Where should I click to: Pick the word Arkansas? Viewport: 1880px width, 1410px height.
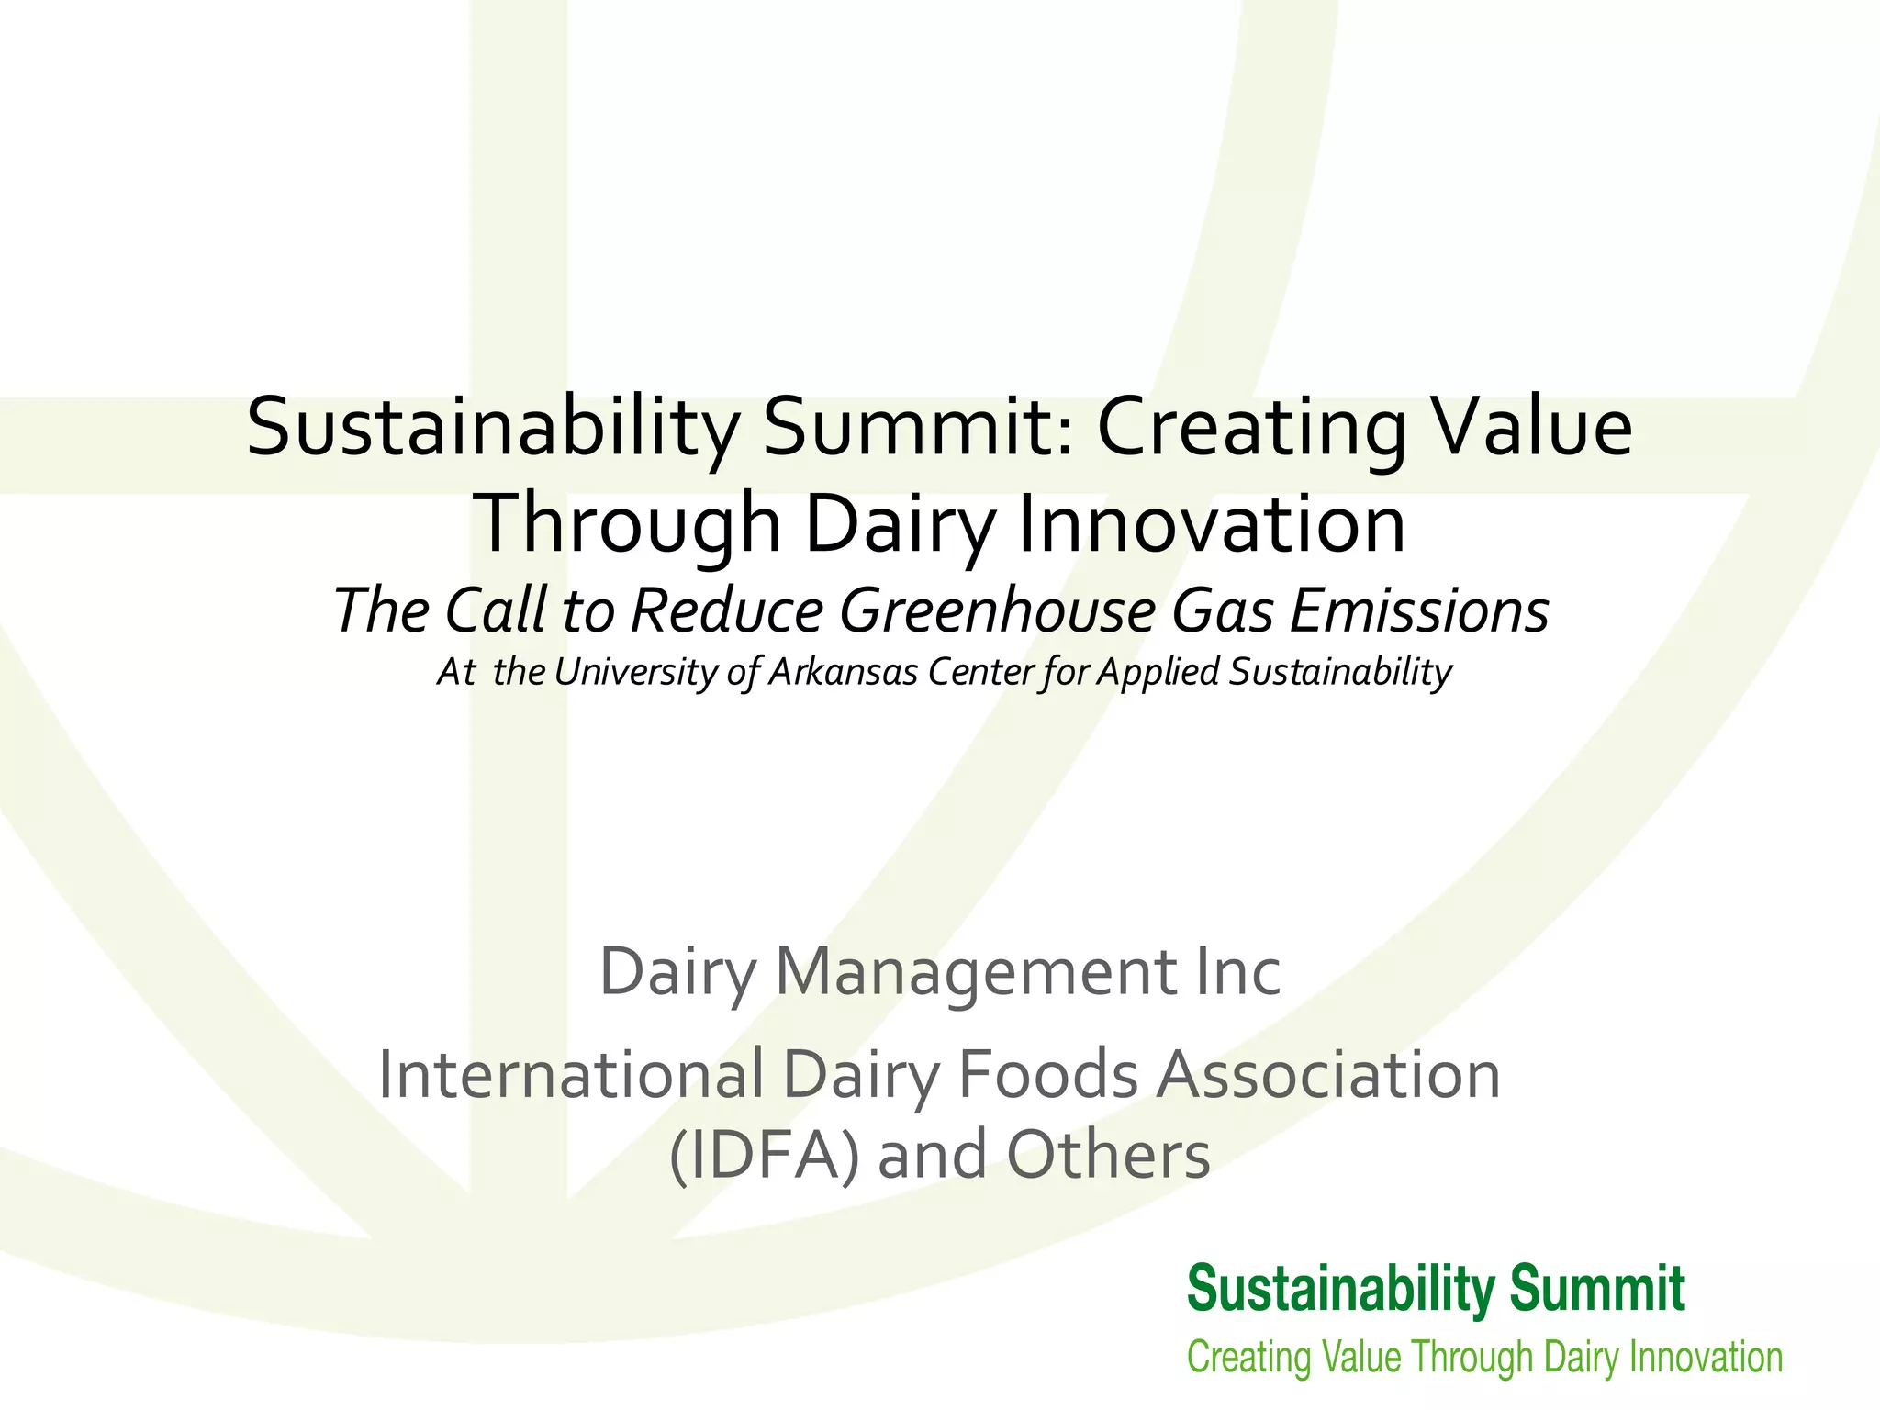tap(842, 672)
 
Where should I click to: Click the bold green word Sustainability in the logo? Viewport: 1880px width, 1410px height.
tap(1340, 1289)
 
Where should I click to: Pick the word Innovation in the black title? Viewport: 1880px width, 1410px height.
tap(1212, 524)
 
